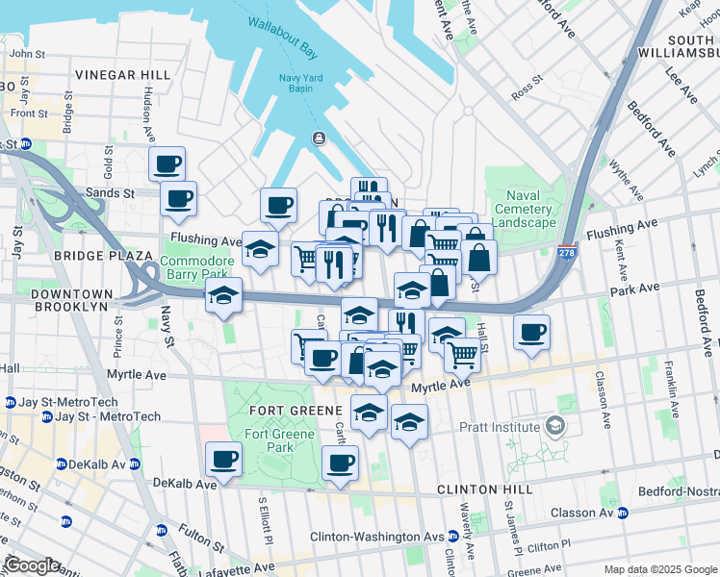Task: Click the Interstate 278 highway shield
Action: tap(567, 252)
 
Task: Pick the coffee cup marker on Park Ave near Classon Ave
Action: tap(531, 332)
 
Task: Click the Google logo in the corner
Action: tap(33, 565)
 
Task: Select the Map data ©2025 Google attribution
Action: tap(660, 569)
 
